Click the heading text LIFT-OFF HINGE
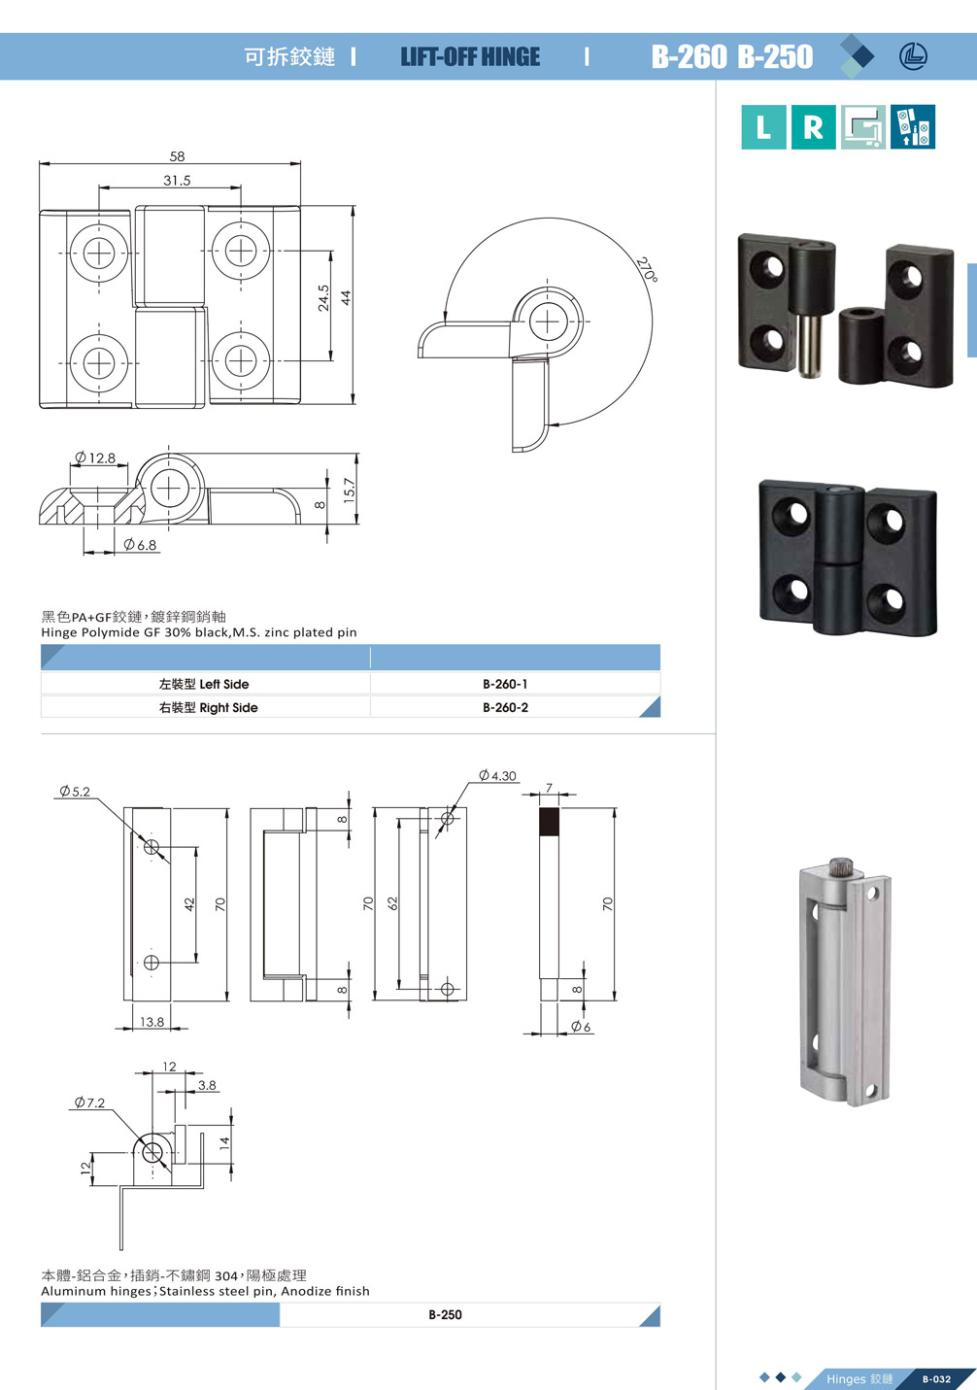470,57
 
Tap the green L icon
763,127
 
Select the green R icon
813,127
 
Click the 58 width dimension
177,156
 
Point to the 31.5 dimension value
177,181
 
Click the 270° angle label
646,269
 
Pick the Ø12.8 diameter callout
95,458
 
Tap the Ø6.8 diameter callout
140,545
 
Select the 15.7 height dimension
350,490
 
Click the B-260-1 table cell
505,684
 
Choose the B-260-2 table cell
505,707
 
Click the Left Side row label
204,684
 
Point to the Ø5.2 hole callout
75,792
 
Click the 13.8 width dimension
152,1022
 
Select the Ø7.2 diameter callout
89,1102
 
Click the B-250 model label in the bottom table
445,1314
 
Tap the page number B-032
936,1378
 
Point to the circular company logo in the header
913,56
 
